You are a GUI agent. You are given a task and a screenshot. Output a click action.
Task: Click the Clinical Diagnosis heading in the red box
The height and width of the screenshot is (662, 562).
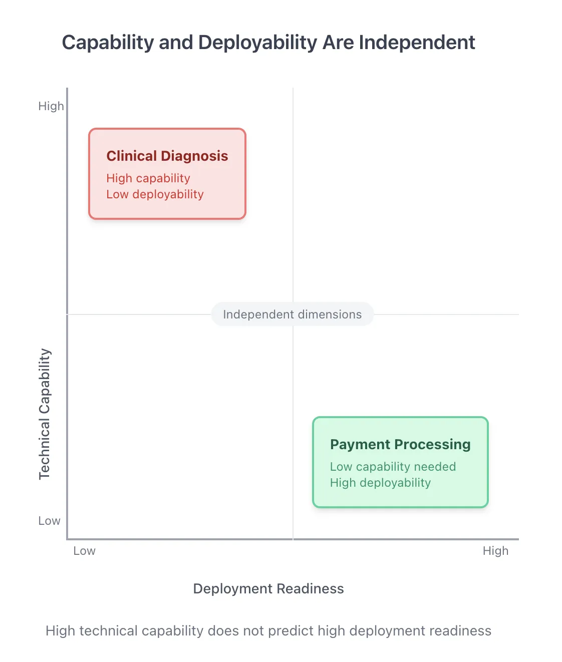click(167, 156)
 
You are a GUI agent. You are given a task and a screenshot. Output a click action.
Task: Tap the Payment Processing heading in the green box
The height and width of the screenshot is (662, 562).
click(400, 445)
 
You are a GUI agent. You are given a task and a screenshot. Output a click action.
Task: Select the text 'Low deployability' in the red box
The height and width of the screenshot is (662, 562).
click(155, 194)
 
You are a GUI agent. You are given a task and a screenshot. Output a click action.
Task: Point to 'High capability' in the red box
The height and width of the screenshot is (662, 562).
click(148, 178)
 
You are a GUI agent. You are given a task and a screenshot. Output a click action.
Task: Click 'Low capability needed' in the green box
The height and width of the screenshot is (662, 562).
click(393, 467)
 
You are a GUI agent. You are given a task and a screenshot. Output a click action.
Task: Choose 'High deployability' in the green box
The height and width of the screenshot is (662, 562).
click(380, 483)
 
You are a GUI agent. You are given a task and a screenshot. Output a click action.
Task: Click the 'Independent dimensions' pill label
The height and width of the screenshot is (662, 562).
click(292, 314)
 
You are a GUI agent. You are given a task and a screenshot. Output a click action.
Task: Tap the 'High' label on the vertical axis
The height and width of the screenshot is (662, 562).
click(51, 106)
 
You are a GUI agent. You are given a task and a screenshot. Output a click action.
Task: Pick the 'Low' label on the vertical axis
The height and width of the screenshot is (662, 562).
click(49, 521)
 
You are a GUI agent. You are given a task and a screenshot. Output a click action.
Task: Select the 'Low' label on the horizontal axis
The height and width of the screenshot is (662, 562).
click(84, 551)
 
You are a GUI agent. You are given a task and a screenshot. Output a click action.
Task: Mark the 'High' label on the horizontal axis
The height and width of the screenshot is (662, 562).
click(495, 551)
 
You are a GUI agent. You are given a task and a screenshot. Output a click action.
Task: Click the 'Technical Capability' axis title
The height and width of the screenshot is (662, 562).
click(45, 414)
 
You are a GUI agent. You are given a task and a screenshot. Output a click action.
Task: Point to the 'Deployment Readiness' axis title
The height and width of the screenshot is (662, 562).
click(268, 588)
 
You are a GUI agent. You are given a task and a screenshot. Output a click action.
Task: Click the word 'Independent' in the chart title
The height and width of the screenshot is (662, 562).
click(417, 43)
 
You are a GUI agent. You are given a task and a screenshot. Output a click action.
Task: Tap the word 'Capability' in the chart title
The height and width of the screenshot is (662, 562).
click(108, 43)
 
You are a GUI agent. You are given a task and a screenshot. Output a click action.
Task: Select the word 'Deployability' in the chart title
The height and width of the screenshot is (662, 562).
click(258, 43)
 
